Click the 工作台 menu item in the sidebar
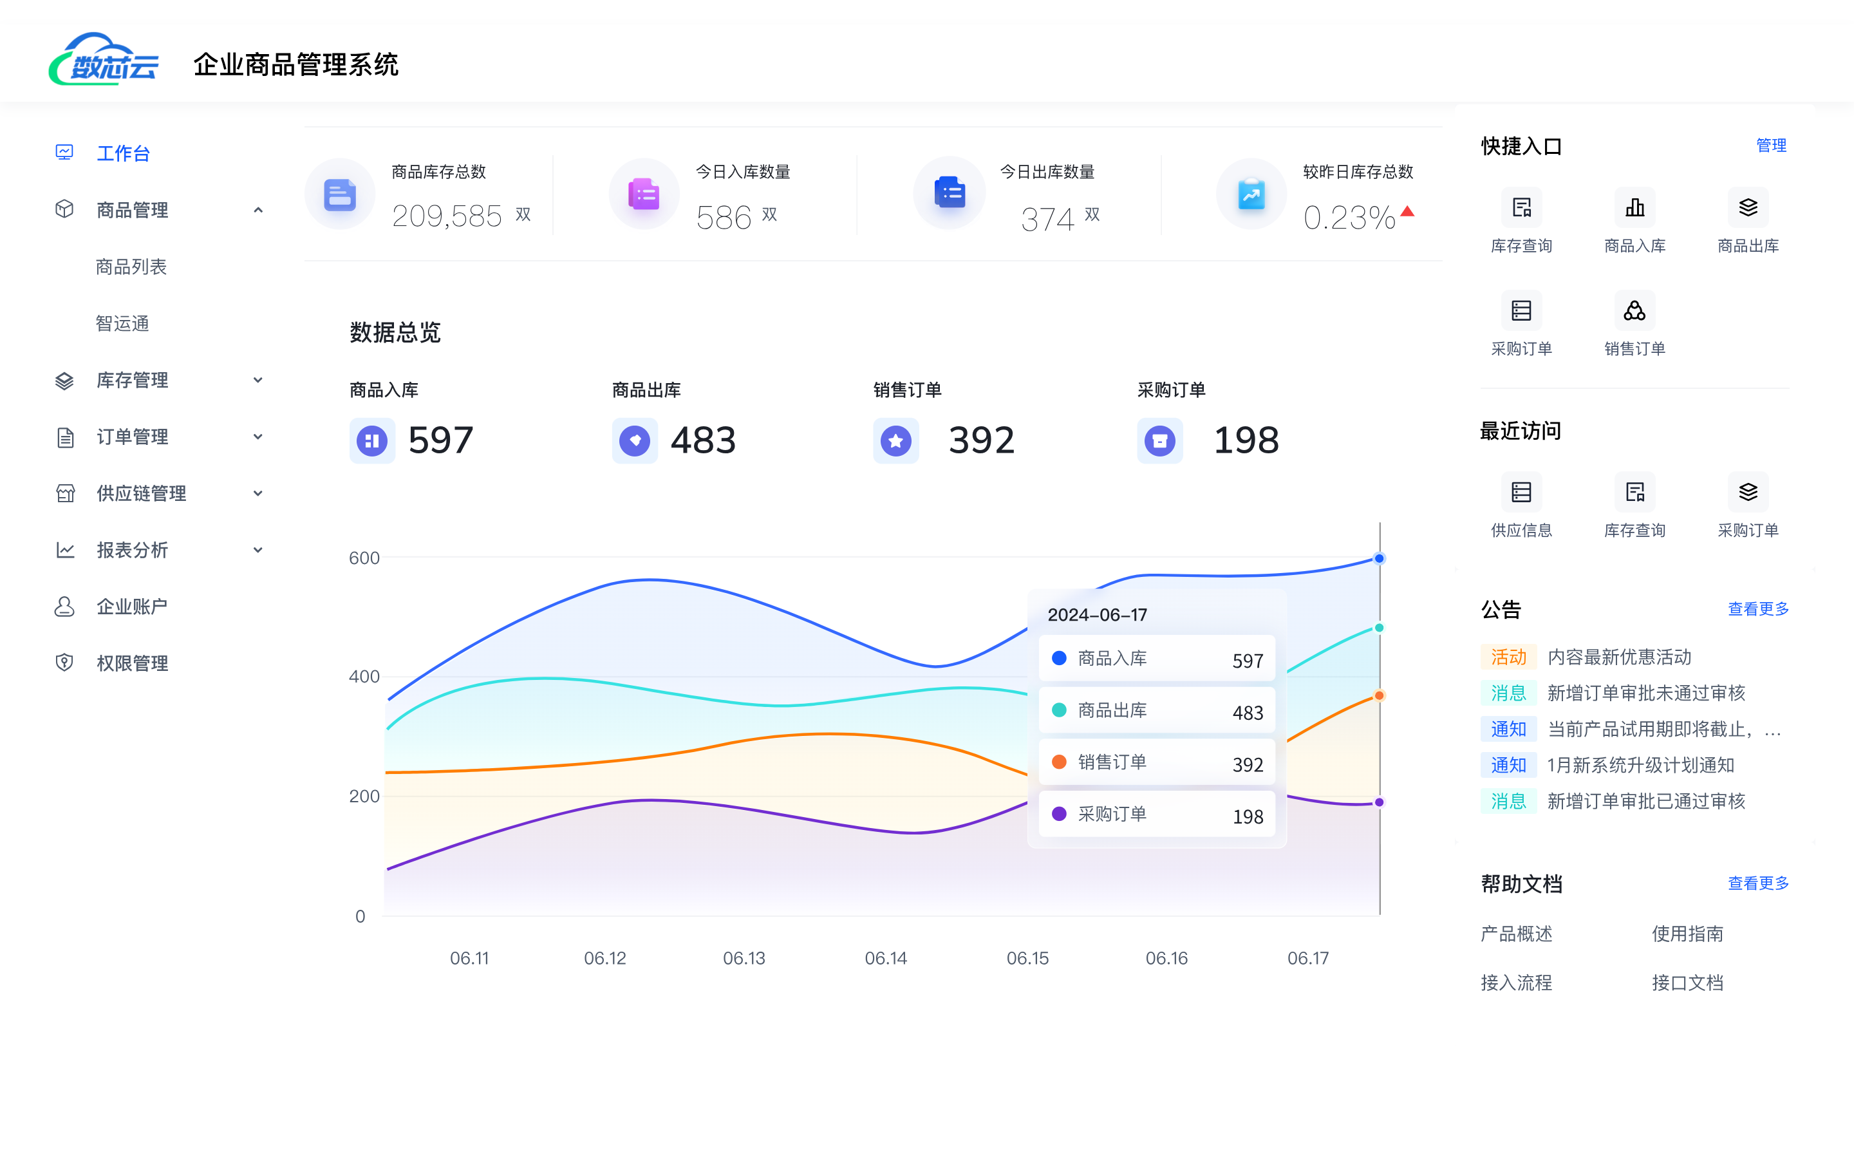[x=122, y=153]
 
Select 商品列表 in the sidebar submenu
[x=131, y=267]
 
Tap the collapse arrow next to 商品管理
[x=258, y=210]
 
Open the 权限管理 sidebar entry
[x=132, y=663]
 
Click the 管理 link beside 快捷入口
[x=1770, y=146]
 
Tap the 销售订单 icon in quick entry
[x=1634, y=311]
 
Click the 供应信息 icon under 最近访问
[x=1521, y=492]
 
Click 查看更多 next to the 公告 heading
[x=1757, y=608]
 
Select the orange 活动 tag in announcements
[x=1508, y=657]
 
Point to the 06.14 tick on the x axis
[x=886, y=958]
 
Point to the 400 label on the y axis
[x=364, y=677]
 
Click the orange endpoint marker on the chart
[x=1379, y=696]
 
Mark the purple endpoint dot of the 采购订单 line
[x=1379, y=802]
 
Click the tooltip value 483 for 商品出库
[x=1247, y=713]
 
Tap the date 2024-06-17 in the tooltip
[x=1097, y=615]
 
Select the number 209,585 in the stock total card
[x=447, y=216]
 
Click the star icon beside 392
[x=895, y=441]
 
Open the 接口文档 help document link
[x=1687, y=983]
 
